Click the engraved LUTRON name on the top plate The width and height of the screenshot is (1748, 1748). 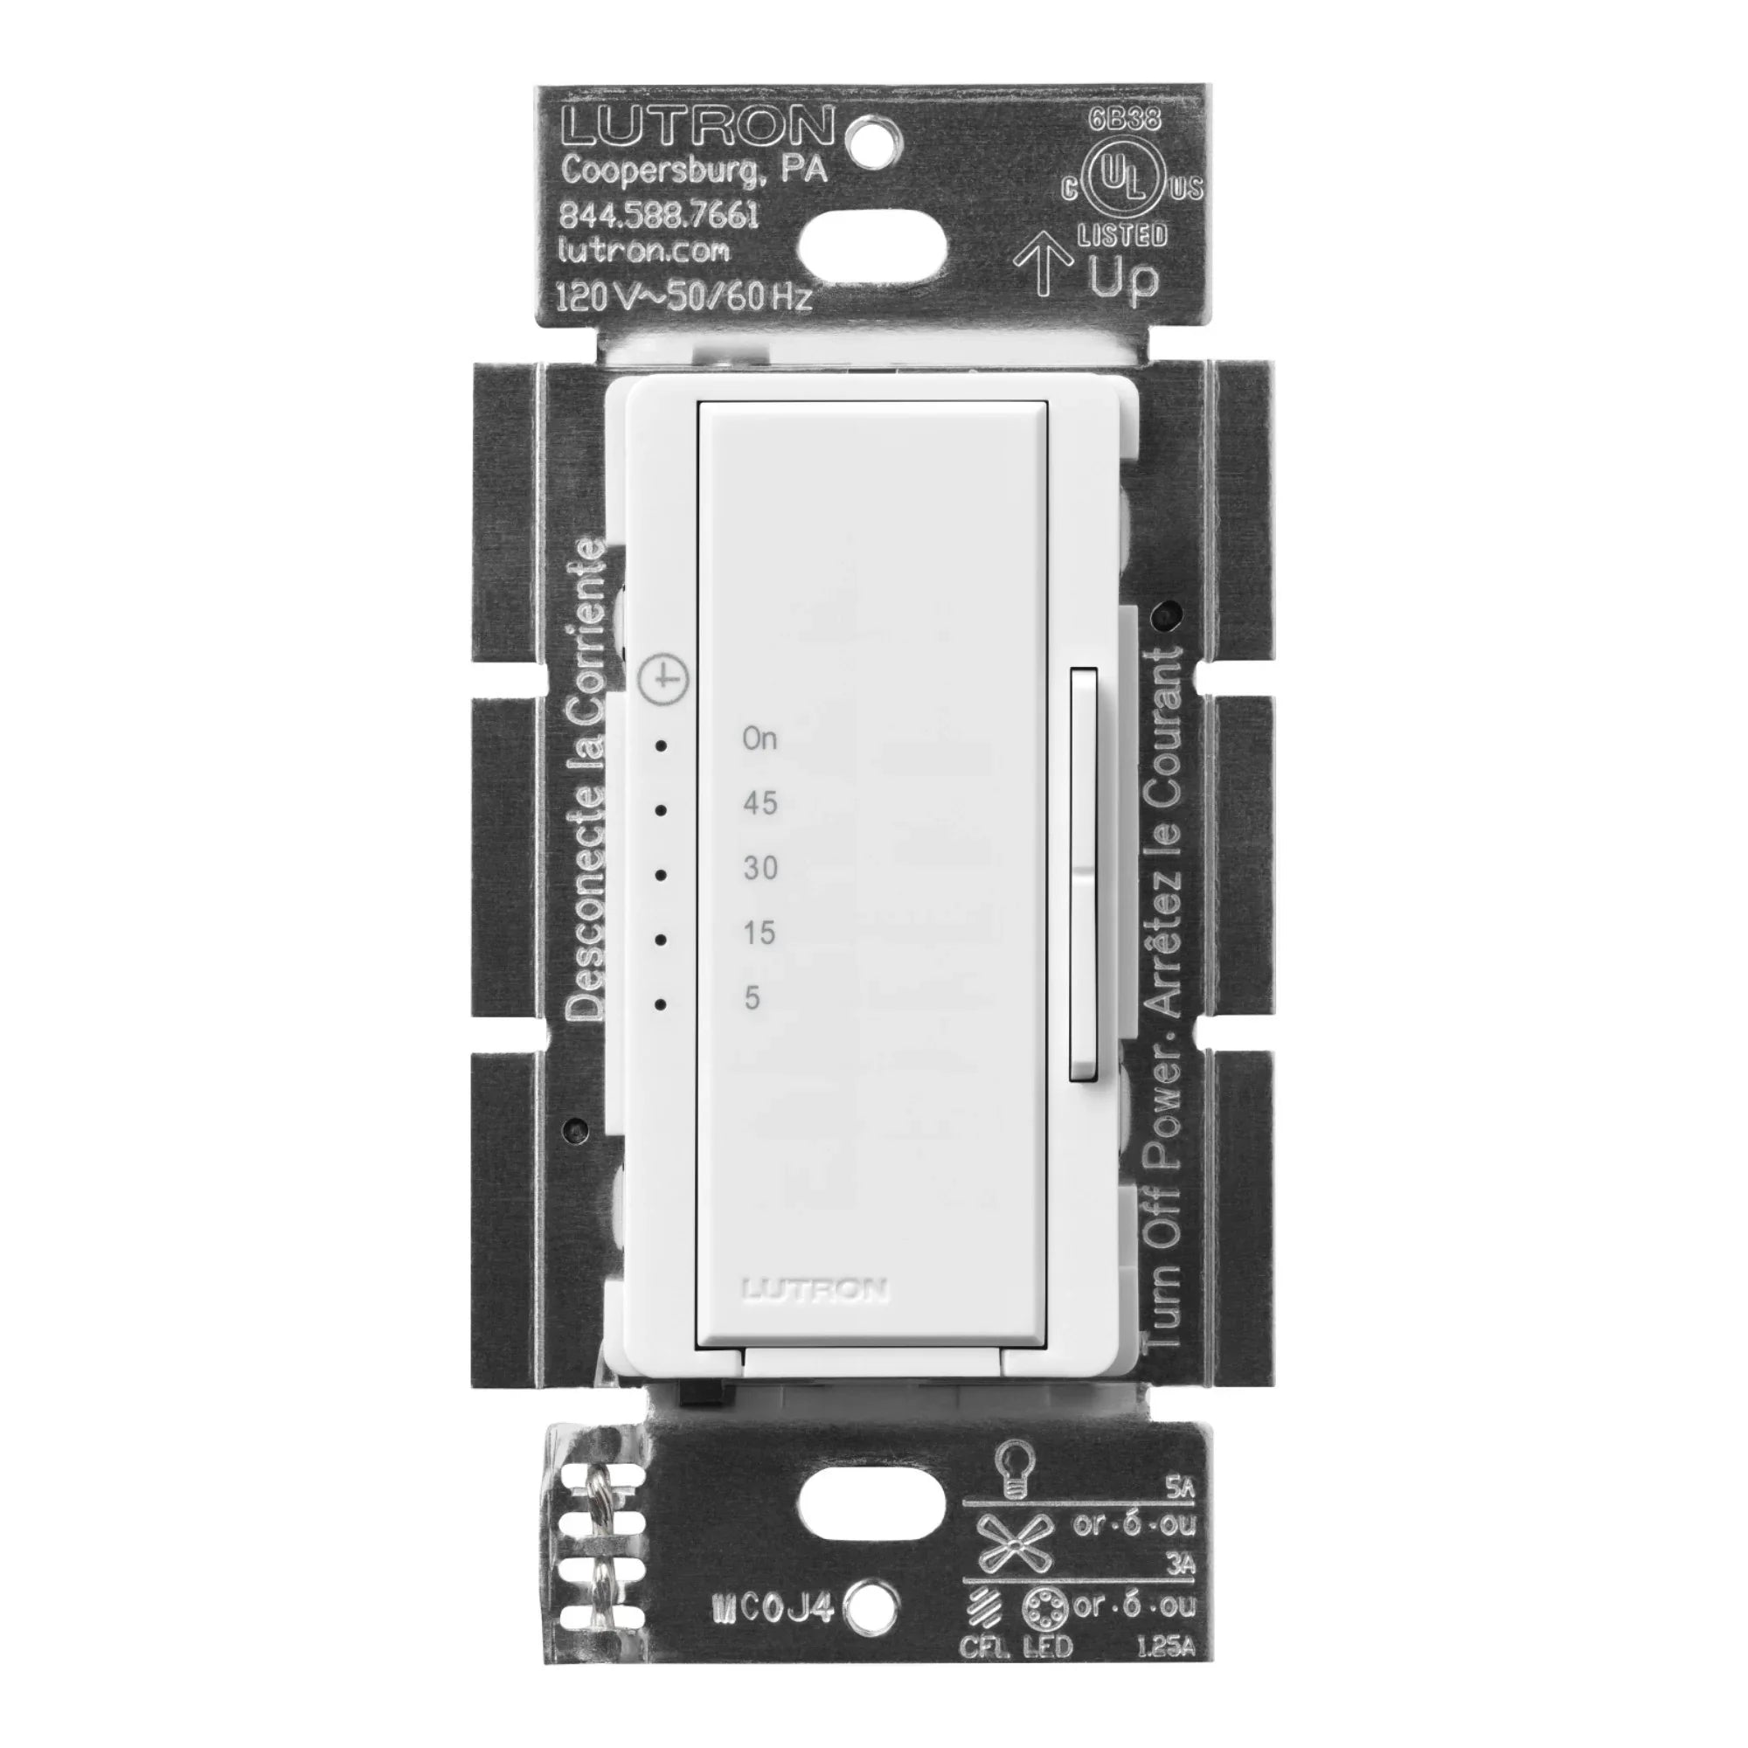(x=696, y=127)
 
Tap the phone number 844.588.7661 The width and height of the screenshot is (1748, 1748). (x=659, y=214)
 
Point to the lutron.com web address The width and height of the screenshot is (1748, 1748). (x=644, y=250)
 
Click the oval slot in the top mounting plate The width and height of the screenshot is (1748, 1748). (x=872, y=246)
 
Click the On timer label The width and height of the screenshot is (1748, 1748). (x=760, y=739)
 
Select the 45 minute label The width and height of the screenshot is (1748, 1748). (x=760, y=803)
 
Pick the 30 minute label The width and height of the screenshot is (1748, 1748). (x=760, y=869)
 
